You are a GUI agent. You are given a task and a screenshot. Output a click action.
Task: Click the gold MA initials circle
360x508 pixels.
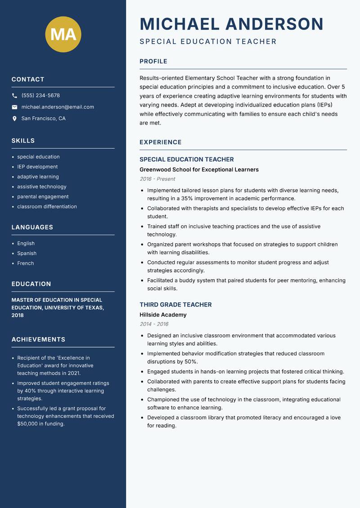click(x=63, y=34)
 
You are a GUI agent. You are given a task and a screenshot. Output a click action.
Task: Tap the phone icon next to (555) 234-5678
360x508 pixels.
click(x=14, y=96)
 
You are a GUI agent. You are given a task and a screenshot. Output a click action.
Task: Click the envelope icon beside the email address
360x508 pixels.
click(x=14, y=107)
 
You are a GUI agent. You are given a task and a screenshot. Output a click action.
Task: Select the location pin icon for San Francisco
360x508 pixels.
click(x=14, y=119)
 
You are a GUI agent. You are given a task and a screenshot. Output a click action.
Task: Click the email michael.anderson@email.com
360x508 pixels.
click(x=58, y=107)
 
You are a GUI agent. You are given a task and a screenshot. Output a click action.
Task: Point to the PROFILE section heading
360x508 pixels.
click(x=153, y=62)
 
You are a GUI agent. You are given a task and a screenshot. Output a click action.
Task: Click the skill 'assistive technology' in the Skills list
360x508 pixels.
click(x=42, y=187)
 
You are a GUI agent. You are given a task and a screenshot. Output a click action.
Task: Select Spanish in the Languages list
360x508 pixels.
click(x=27, y=254)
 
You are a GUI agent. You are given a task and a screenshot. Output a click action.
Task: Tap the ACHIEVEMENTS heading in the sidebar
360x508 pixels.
click(x=38, y=339)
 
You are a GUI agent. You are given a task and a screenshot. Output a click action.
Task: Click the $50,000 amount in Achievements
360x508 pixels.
click(x=28, y=423)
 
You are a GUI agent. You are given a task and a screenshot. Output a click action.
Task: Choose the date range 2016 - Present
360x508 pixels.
click(x=157, y=179)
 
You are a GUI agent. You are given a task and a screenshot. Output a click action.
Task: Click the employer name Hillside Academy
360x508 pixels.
click(x=163, y=315)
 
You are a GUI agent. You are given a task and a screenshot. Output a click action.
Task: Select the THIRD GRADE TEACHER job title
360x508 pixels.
click(x=175, y=304)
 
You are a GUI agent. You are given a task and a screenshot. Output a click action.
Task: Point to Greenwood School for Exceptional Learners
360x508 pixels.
click(x=199, y=169)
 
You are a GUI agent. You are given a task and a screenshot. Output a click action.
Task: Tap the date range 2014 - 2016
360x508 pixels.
click(x=153, y=324)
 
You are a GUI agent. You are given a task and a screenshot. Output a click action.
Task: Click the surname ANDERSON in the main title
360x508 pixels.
click(x=274, y=24)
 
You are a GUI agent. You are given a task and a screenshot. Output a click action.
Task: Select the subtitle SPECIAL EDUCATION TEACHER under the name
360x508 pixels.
click(x=208, y=42)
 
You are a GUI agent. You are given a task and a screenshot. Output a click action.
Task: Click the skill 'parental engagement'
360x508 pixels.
click(x=43, y=196)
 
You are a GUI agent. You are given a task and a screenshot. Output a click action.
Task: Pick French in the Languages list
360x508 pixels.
click(x=25, y=263)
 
